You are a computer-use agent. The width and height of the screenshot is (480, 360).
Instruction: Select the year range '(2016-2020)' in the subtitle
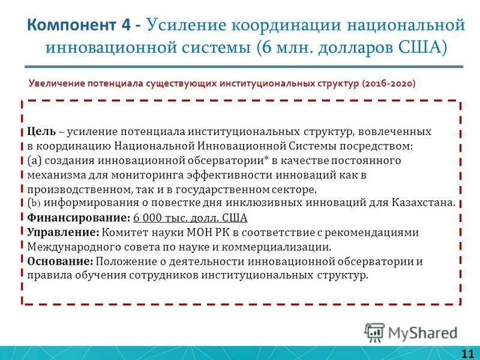[388, 84]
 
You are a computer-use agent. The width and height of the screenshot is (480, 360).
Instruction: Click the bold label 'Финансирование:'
[79, 218]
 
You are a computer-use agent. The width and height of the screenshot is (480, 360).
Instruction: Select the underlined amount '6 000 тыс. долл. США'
[190, 218]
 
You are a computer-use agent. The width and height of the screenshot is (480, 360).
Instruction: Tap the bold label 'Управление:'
[63, 232]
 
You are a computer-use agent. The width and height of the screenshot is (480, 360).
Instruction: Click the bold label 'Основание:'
[60, 261]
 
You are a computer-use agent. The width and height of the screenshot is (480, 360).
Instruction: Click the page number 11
[467, 352]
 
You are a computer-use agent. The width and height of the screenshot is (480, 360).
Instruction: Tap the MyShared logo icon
[374, 332]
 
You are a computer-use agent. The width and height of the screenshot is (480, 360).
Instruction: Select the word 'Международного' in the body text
[71, 247]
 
